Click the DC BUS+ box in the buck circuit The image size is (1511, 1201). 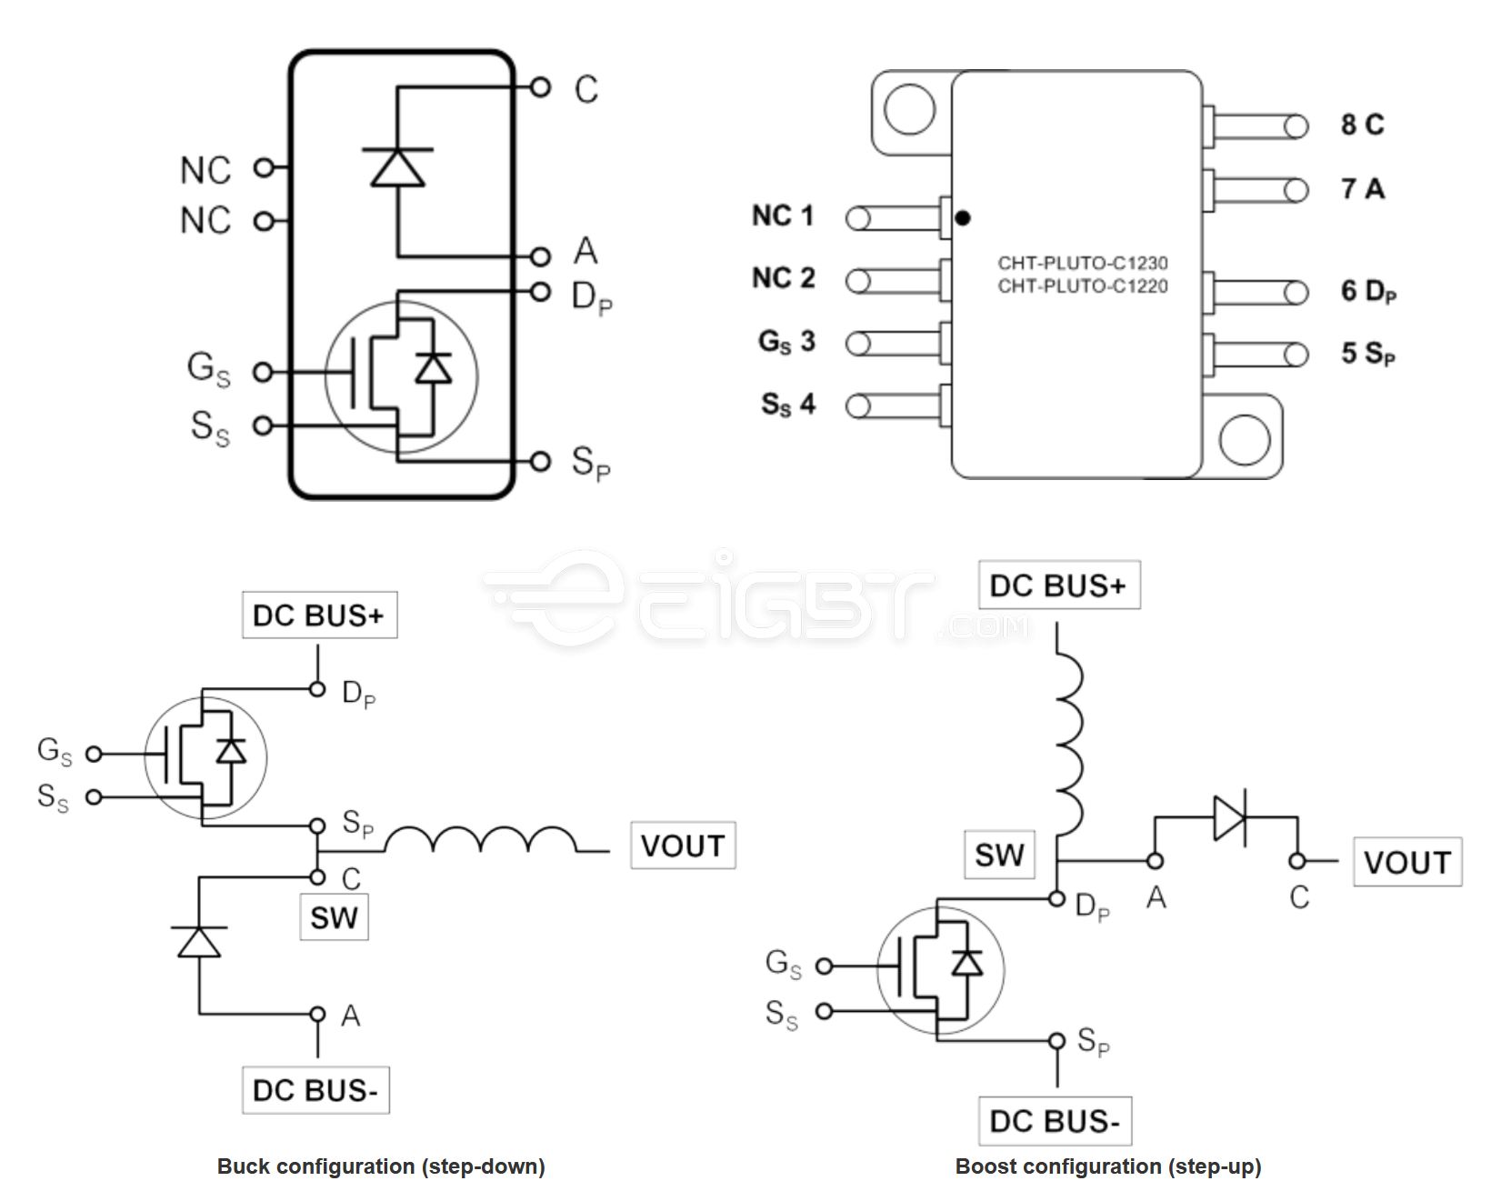tap(319, 616)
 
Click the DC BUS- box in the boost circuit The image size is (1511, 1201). tap(1055, 1121)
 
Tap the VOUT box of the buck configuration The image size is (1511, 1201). tap(683, 846)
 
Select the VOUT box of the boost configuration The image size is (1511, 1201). tap(1406, 862)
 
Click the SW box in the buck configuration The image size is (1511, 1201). tap(334, 917)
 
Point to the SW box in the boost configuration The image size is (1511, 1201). tap(999, 855)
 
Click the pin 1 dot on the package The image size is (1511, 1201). tap(963, 218)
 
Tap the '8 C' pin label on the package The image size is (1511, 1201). tap(1362, 125)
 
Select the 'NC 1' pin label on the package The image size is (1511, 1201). tap(782, 216)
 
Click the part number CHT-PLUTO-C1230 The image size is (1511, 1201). tap(1082, 263)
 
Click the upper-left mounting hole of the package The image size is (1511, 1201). tap(909, 109)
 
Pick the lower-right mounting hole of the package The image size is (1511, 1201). tap(1245, 440)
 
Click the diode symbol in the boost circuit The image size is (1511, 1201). tap(1229, 818)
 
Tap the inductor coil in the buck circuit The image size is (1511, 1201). tap(482, 840)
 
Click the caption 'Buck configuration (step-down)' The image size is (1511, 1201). tap(381, 1166)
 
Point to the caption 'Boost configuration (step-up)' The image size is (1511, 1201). tap(1108, 1166)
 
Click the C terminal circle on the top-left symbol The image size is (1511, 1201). tap(540, 87)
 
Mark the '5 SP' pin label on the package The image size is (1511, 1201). tap(1367, 354)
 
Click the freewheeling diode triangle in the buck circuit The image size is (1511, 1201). tap(199, 942)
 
